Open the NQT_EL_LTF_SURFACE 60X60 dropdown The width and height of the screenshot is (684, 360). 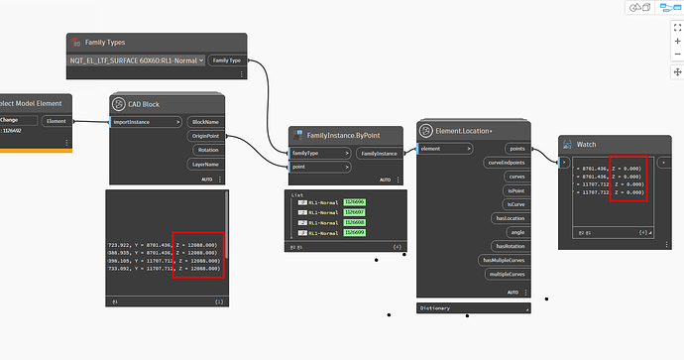[x=137, y=60]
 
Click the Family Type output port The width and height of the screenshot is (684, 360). [x=228, y=60]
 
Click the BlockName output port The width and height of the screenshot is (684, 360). [x=206, y=122]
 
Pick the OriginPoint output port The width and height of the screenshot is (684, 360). [x=204, y=136]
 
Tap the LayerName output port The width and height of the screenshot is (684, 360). [x=205, y=164]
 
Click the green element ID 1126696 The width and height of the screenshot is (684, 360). [x=355, y=201]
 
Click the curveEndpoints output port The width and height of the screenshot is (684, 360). [x=506, y=162]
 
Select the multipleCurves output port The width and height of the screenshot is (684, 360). [x=508, y=273]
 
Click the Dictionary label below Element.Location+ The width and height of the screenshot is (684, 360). [x=436, y=307]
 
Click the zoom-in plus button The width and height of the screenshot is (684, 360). [x=676, y=31]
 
